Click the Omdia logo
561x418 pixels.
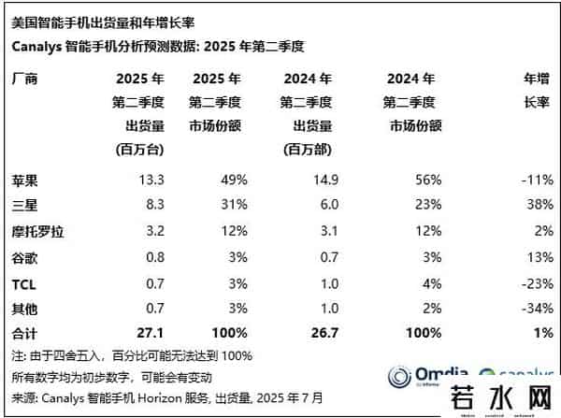413,376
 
